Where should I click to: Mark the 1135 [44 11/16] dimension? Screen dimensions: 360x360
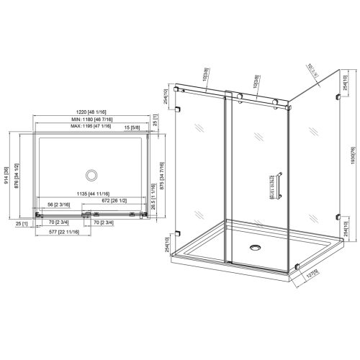point(91,194)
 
